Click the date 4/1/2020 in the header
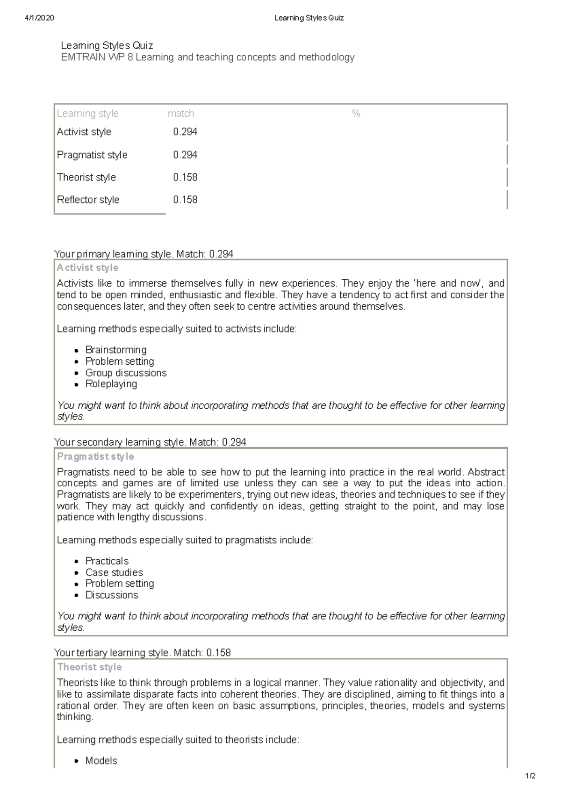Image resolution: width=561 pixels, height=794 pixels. tap(39, 18)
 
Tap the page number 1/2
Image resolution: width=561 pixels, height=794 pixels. tap(530, 776)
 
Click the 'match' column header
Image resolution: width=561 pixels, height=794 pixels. tap(180, 114)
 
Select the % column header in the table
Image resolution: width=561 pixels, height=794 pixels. tap(356, 114)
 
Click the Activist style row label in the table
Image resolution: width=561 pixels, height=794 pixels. tap(84, 132)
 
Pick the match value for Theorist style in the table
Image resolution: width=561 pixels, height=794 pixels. tap(185, 177)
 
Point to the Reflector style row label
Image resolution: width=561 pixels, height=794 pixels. tap(88, 200)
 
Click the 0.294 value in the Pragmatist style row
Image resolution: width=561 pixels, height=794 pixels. tap(185, 155)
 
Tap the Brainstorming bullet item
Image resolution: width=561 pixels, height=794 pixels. tap(115, 350)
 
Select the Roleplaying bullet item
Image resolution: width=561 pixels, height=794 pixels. tap(111, 384)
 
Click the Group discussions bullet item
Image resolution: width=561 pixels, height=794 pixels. tap(126, 373)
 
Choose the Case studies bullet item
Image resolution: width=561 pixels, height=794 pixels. tap(114, 572)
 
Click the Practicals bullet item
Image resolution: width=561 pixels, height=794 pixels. tap(107, 561)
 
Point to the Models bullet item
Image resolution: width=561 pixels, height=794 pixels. tap(101, 761)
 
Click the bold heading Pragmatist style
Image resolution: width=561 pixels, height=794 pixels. tap(95, 456)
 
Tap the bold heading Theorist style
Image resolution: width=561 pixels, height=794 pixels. tap(89, 667)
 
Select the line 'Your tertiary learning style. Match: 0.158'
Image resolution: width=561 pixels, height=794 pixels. tap(143, 652)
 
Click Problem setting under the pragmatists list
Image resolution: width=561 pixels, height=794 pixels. tap(119, 584)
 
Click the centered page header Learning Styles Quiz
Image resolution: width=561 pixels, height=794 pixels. tap(309, 18)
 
